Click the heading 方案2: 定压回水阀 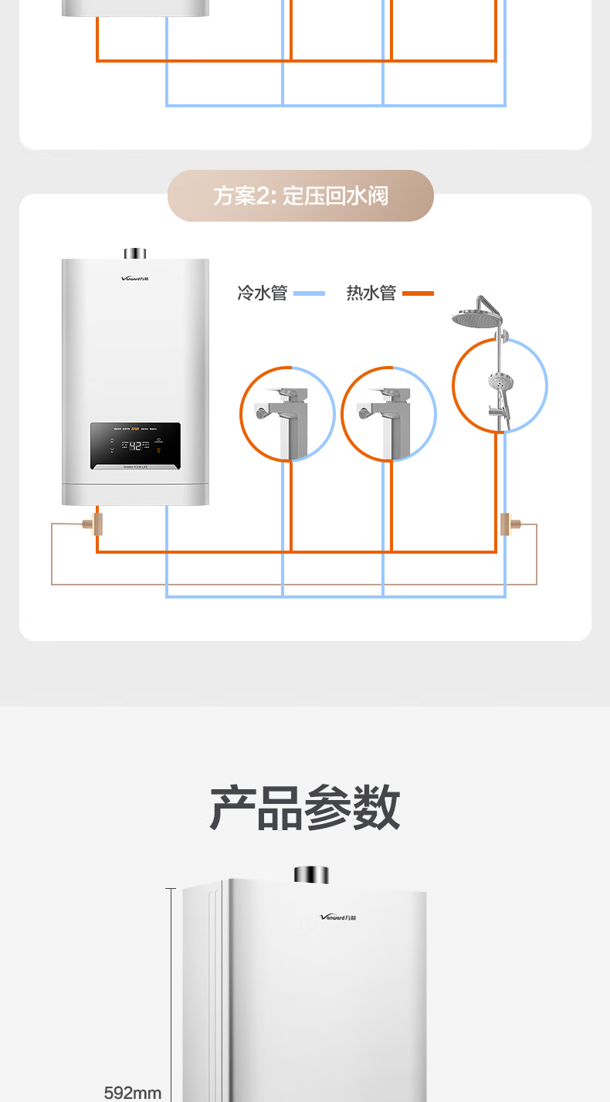tap(300, 196)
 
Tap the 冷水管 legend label tap(262, 293)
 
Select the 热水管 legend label tap(371, 293)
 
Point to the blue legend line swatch tap(309, 293)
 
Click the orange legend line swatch tap(418, 293)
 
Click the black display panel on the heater tap(135, 446)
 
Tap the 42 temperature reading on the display tap(135, 446)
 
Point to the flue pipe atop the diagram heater tap(135, 253)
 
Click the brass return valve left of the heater tap(97, 524)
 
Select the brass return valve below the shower tap(507, 524)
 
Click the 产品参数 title tap(305, 808)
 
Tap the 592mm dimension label tap(133, 1093)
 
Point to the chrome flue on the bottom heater tap(311, 875)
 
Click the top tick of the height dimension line tap(171, 889)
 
